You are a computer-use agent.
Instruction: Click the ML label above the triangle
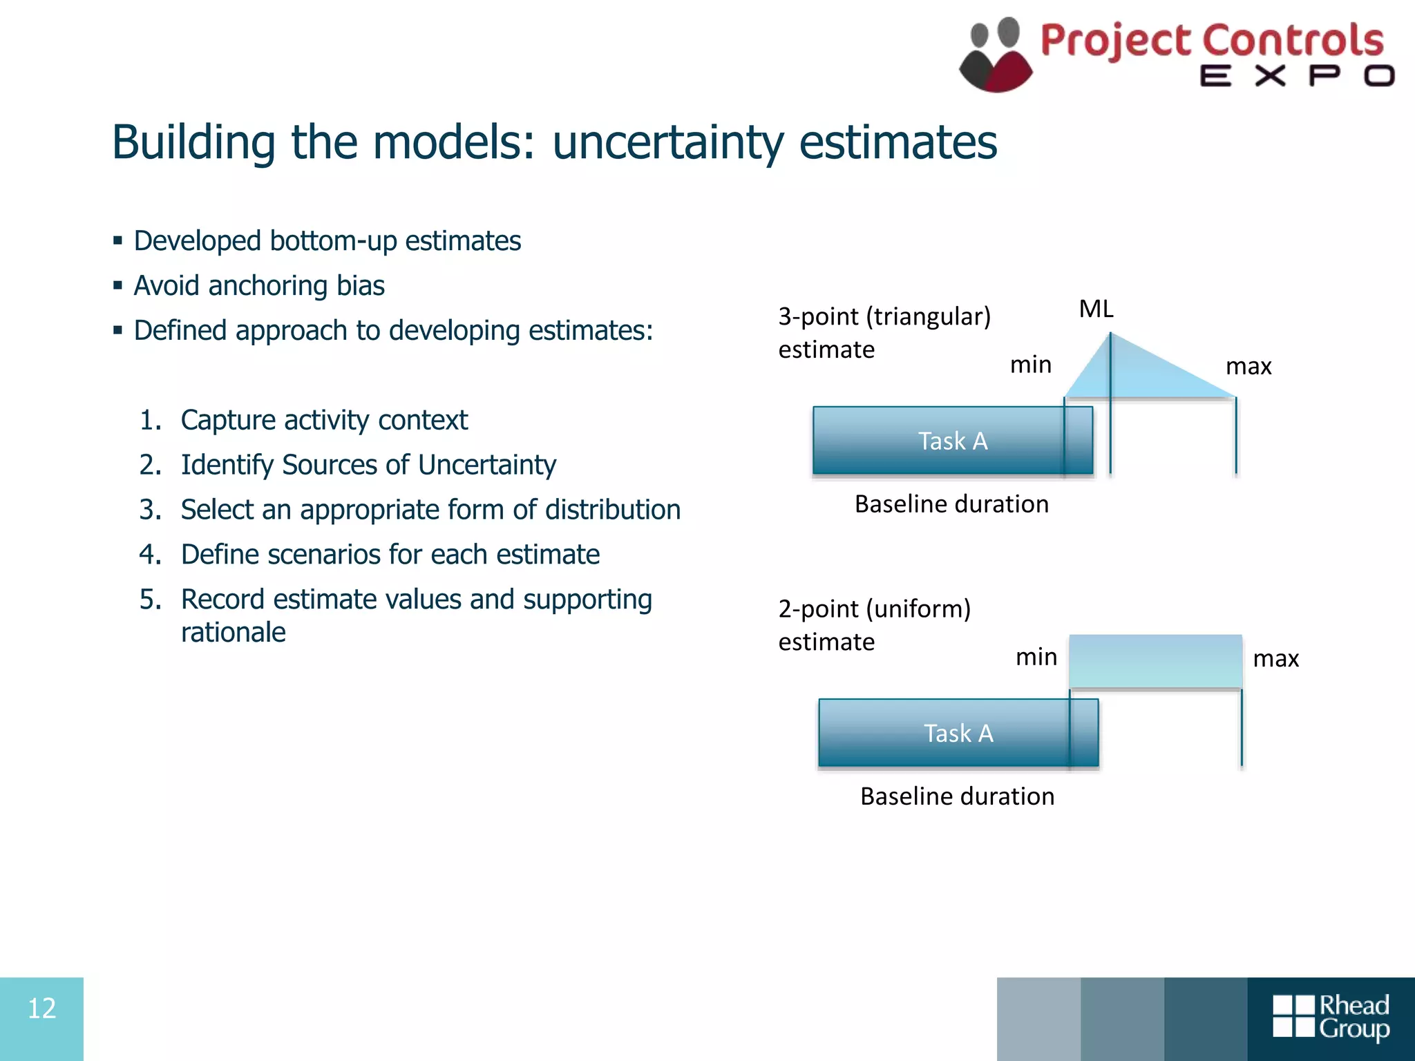pyautogui.click(x=1096, y=309)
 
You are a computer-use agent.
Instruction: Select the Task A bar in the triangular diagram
pyautogui.click(x=952, y=441)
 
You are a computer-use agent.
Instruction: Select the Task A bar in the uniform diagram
pyautogui.click(x=958, y=733)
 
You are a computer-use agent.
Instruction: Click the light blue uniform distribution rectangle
pyautogui.click(x=1155, y=661)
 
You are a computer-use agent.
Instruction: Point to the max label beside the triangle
pyautogui.click(x=1248, y=366)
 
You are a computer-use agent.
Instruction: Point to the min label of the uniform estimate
pyautogui.click(x=1036, y=657)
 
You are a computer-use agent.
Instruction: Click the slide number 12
pyautogui.click(x=41, y=1009)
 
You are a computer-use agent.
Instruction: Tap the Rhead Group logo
pyautogui.click(x=1331, y=1017)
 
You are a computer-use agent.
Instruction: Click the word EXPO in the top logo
pyautogui.click(x=1296, y=76)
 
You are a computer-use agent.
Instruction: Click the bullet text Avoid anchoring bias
pyautogui.click(x=259, y=286)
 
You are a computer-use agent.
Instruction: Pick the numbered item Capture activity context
pyautogui.click(x=324, y=420)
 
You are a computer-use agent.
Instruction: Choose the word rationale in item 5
pyautogui.click(x=234, y=633)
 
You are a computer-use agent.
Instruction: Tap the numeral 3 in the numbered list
pyautogui.click(x=149, y=510)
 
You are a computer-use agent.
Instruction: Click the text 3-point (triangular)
pyautogui.click(x=884, y=316)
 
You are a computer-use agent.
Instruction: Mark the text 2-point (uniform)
pyautogui.click(x=874, y=609)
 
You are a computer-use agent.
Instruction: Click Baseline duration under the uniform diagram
pyautogui.click(x=957, y=796)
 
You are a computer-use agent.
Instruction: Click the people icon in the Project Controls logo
pyautogui.click(x=996, y=55)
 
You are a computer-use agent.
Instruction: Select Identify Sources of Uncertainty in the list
pyautogui.click(x=368, y=465)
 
